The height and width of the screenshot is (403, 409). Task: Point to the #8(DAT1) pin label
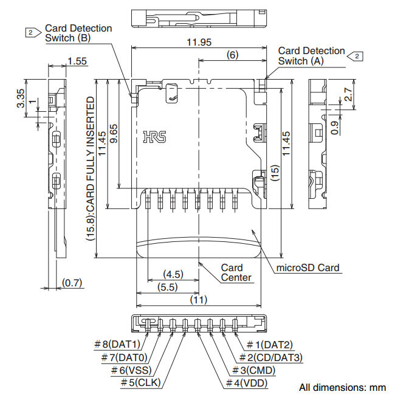[117, 345]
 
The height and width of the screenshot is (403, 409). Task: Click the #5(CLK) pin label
[140, 383]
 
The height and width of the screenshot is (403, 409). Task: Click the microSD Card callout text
[308, 267]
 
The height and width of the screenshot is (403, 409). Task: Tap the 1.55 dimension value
[78, 61]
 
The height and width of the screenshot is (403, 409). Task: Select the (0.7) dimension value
[72, 283]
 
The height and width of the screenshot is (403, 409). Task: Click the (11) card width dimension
[198, 299]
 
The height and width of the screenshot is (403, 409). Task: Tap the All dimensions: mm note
[342, 387]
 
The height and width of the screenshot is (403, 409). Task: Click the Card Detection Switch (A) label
[311, 56]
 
